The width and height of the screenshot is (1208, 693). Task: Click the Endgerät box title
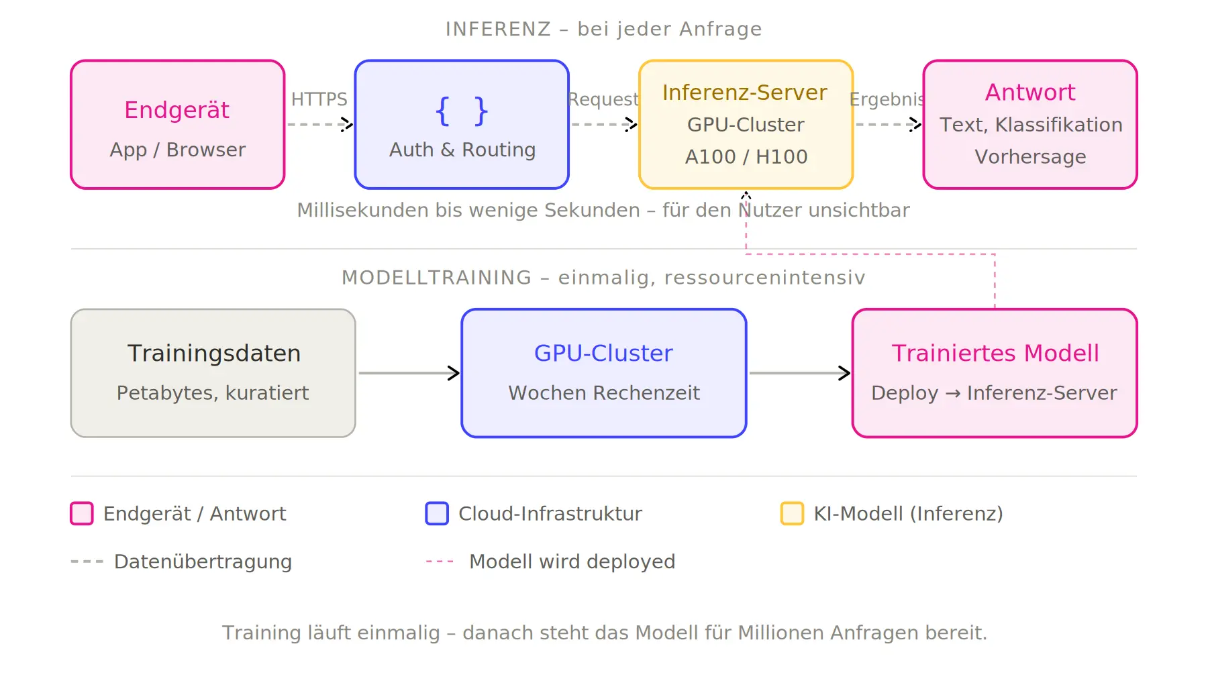[x=177, y=110]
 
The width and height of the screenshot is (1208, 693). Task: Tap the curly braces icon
[x=462, y=111]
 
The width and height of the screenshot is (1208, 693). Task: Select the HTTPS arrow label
[x=319, y=99]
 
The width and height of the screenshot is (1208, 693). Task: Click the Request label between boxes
[x=603, y=99]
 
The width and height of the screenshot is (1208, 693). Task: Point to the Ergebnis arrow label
[x=887, y=99]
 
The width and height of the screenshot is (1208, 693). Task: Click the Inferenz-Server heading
[x=744, y=93]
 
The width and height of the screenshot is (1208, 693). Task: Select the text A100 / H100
[x=746, y=157]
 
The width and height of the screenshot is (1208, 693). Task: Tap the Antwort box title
[x=1029, y=93]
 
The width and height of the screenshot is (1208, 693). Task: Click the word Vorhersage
[x=1029, y=157]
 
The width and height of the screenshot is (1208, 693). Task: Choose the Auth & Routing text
[x=462, y=150]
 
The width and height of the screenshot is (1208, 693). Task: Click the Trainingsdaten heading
[x=213, y=354]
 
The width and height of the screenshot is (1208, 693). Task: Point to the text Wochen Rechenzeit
[x=603, y=393]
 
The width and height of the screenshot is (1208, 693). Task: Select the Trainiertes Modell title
[x=995, y=354]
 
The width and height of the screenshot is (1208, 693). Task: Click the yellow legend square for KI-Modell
[x=792, y=514]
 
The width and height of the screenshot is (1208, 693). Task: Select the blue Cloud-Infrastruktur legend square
[x=437, y=514]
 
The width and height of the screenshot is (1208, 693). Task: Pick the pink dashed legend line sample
[x=440, y=562]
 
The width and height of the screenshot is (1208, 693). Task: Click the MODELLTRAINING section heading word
[x=436, y=278]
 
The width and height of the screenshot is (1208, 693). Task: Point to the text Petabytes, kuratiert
[x=213, y=393]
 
